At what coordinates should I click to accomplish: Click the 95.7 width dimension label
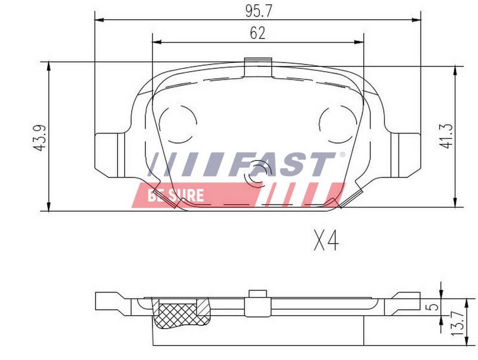point(258,11)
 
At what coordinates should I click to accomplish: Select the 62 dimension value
point(258,33)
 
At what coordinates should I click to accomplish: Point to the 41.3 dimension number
point(445,136)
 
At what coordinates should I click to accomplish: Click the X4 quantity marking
point(326,241)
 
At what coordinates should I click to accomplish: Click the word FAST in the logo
point(282,164)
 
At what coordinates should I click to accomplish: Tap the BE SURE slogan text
point(176,196)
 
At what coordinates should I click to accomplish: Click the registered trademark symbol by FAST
point(342,154)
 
